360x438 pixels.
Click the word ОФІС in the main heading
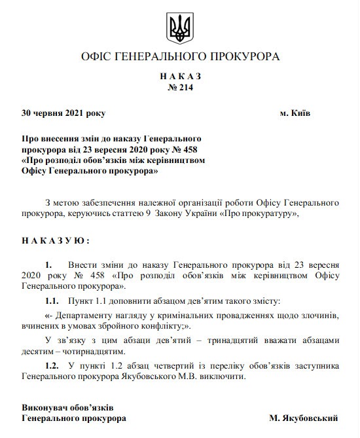click(96, 57)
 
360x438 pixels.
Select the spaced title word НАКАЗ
click(180, 76)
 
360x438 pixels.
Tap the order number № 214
click(180, 87)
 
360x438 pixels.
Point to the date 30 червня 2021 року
click(62, 113)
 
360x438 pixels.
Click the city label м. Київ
click(295, 113)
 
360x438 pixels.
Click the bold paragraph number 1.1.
click(52, 302)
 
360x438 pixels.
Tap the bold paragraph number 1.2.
click(52, 364)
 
